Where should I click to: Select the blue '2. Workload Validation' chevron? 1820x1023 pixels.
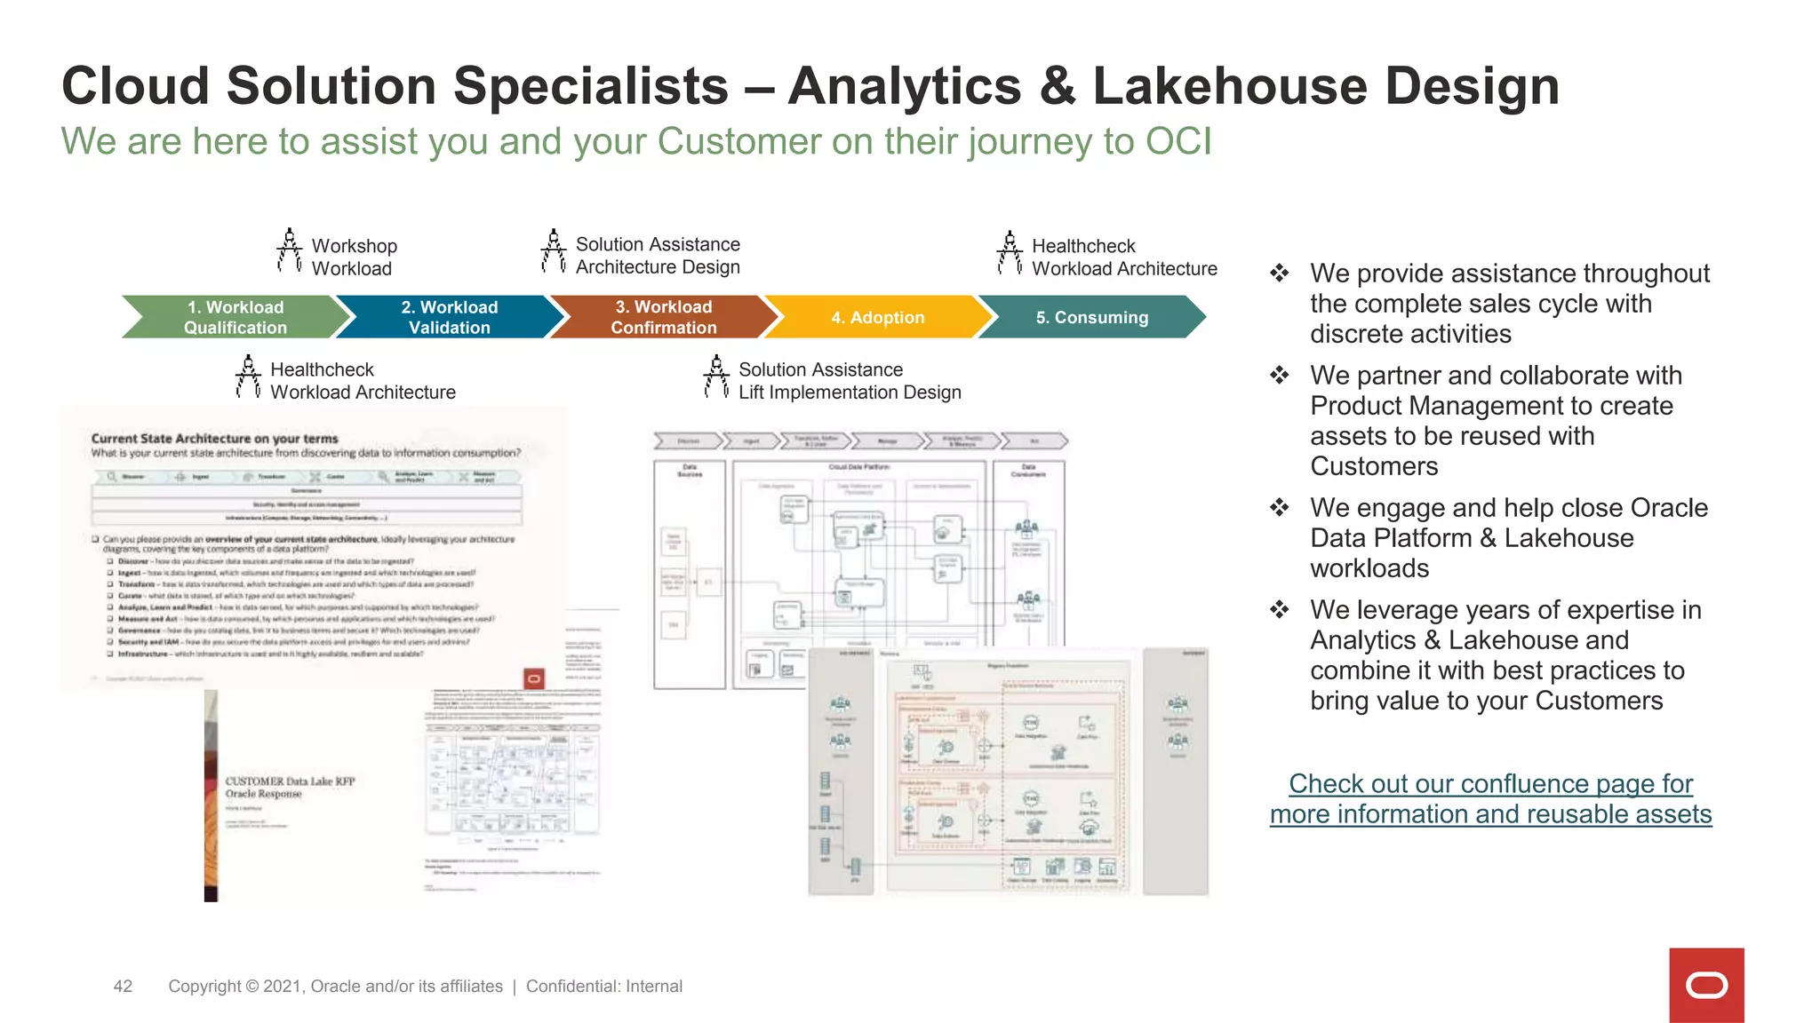[449, 317]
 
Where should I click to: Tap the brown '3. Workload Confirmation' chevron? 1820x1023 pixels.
[663, 317]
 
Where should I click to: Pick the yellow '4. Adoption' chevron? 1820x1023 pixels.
[877, 317]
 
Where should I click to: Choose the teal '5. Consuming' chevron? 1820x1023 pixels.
[1091, 317]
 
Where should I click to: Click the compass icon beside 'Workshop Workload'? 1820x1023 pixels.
[289, 250]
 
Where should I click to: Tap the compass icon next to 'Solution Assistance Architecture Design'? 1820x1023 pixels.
[553, 250]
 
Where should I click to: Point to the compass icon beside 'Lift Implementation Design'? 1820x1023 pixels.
[716, 377]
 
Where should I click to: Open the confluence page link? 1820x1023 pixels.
[1490, 798]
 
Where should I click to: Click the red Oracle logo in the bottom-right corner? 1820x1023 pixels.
[1706, 985]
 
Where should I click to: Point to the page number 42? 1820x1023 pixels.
[123, 986]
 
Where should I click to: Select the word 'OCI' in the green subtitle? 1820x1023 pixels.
[1178, 141]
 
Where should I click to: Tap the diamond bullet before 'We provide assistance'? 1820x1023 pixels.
[1279, 273]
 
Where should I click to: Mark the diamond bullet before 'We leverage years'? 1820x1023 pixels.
[1279, 609]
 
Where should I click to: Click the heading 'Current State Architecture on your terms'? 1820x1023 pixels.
[214, 438]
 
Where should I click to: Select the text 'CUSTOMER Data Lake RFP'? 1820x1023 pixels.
[290, 781]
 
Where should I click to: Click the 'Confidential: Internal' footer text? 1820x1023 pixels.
[604, 986]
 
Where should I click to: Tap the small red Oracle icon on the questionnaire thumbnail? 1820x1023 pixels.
[534, 679]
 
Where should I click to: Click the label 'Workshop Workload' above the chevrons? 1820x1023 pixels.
[354, 257]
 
